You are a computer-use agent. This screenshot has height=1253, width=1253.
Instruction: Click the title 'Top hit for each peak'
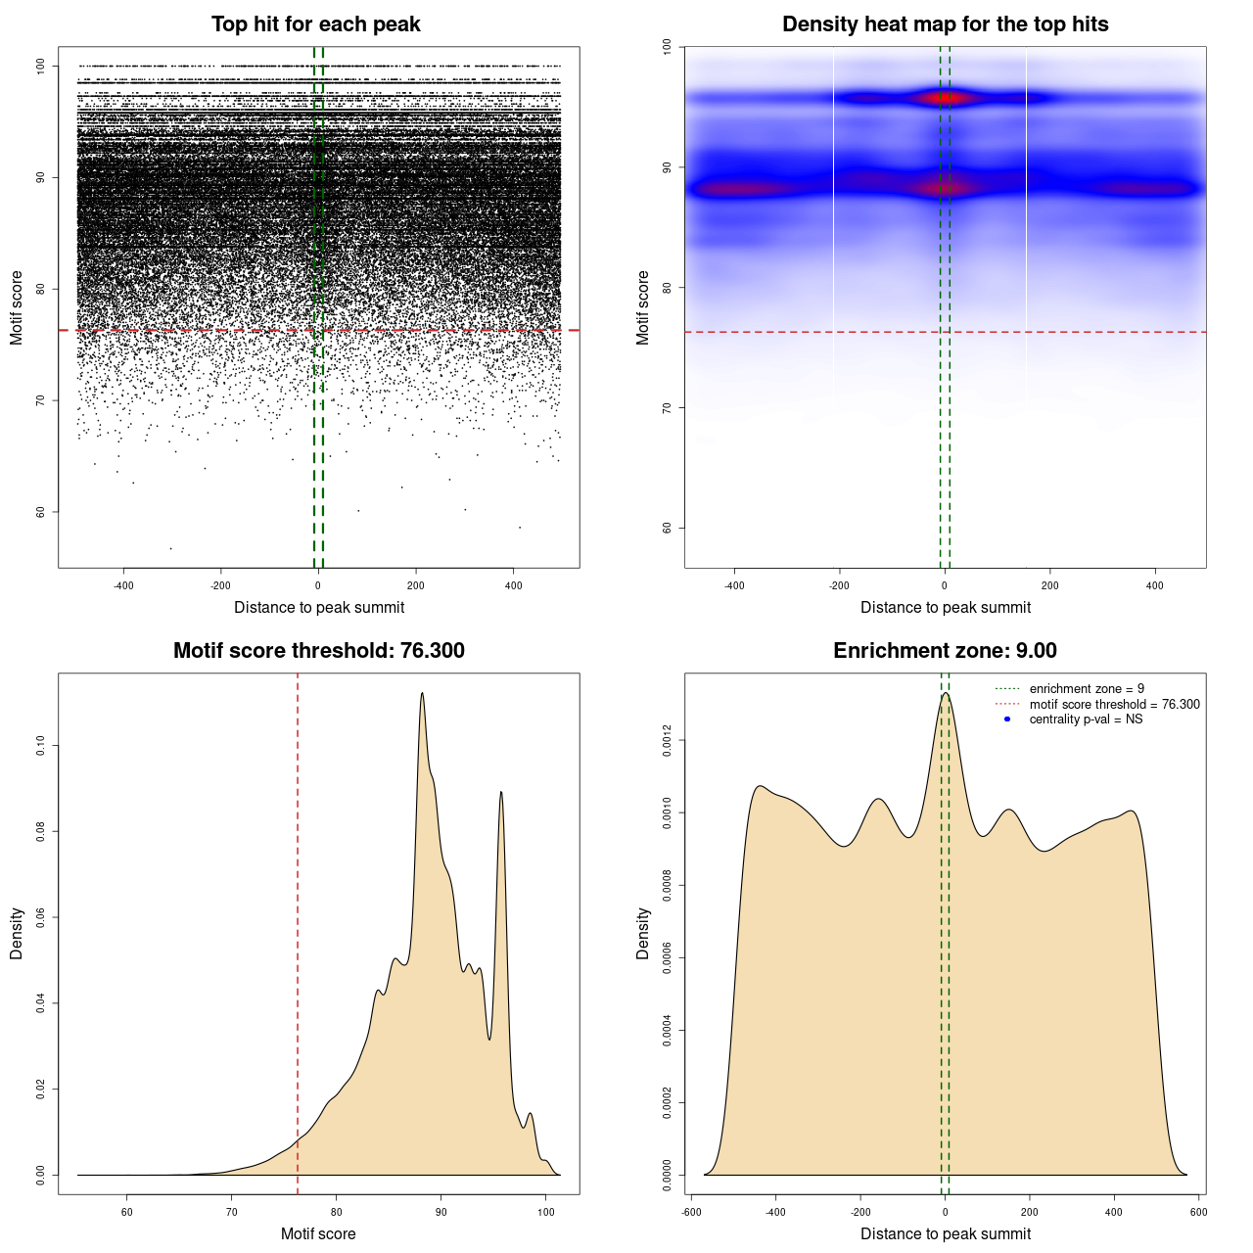(316, 24)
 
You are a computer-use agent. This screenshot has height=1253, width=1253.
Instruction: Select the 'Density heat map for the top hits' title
(945, 24)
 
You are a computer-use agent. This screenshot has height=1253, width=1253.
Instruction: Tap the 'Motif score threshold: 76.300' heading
(318, 651)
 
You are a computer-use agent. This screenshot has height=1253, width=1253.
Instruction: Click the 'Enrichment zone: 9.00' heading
(945, 651)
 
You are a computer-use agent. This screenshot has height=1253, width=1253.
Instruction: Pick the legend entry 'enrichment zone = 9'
(1087, 689)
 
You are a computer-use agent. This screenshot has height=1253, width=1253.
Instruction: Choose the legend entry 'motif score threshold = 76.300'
(1114, 704)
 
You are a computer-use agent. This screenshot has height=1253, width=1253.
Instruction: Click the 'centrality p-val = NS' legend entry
(1086, 719)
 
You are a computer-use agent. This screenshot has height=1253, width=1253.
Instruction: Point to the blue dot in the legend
(1007, 719)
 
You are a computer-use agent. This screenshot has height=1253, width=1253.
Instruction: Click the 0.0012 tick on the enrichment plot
(667, 741)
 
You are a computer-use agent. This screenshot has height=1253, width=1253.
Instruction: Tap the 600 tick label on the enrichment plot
(1198, 1212)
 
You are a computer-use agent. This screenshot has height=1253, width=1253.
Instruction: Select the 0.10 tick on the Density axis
(40, 746)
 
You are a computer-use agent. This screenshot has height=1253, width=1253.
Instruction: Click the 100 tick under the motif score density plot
(545, 1212)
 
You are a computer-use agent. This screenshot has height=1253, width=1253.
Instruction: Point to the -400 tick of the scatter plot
(123, 585)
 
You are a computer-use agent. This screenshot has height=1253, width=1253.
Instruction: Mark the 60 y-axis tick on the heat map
(667, 528)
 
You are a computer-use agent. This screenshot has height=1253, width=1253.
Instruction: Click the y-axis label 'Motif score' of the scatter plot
(17, 307)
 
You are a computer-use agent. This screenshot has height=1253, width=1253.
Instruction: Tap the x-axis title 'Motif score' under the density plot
(318, 1233)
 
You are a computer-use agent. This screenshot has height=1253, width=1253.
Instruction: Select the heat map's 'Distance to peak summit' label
(945, 607)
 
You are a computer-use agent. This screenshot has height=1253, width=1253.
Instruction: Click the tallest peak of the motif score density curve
(422, 693)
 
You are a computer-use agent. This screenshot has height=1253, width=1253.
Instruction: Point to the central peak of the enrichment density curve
(945, 693)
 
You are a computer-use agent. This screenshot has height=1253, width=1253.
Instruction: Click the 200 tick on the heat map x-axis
(1049, 585)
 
